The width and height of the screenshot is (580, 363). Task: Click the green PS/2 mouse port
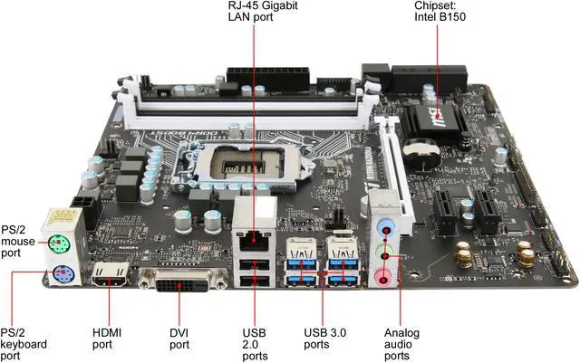click(x=57, y=242)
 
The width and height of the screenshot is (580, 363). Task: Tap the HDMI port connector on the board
click(x=110, y=276)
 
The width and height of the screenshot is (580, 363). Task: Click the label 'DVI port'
click(x=179, y=338)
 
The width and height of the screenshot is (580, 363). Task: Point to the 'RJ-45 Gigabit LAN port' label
click(x=255, y=13)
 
